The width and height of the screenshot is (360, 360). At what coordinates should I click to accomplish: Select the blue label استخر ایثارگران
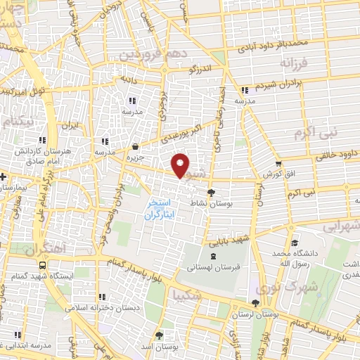click(159, 209)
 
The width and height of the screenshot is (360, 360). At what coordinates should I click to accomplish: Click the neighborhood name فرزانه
click(293, 63)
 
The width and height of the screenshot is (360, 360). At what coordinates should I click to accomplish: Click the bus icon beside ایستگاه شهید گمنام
click(44, 266)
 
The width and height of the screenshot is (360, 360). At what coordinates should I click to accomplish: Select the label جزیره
click(135, 157)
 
